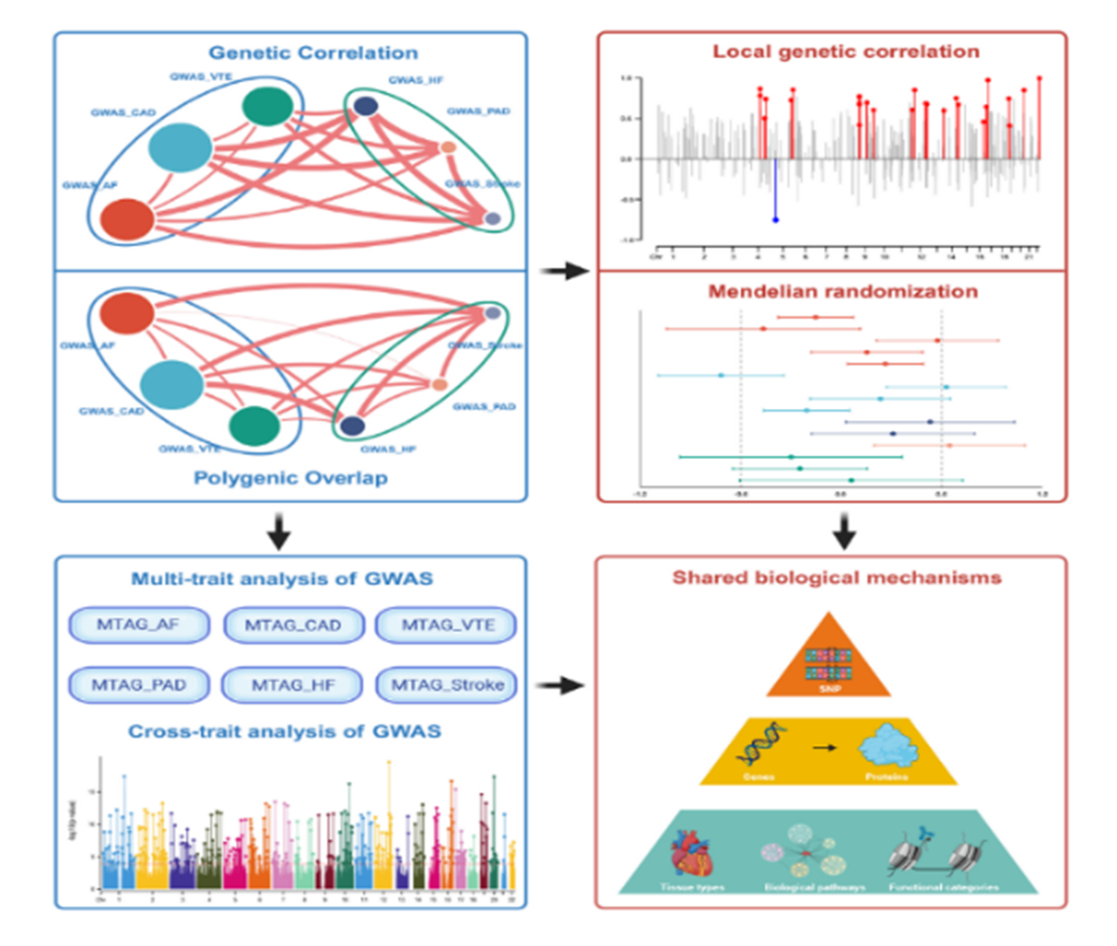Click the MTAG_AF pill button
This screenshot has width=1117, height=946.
point(139,625)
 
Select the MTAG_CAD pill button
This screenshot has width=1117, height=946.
point(293,625)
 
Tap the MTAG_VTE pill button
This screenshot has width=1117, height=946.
point(447,625)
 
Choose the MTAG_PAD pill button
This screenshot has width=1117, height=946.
point(139,685)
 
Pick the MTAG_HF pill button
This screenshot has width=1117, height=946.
point(292,685)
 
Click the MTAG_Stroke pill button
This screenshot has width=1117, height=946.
point(447,685)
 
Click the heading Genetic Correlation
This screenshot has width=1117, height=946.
point(313,53)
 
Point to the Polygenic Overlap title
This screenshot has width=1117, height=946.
point(290,478)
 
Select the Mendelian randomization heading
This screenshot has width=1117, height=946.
point(843,292)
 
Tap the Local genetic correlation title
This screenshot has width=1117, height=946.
point(846,51)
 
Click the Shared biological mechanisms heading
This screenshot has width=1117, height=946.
point(837,578)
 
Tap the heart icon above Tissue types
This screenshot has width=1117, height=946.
point(693,853)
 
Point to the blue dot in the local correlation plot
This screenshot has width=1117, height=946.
point(775,220)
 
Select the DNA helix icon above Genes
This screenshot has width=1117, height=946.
point(761,745)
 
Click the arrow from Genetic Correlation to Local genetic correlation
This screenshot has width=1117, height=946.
point(564,270)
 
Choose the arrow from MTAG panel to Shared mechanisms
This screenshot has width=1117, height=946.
point(560,685)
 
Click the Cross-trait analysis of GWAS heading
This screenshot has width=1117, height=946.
point(284,731)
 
